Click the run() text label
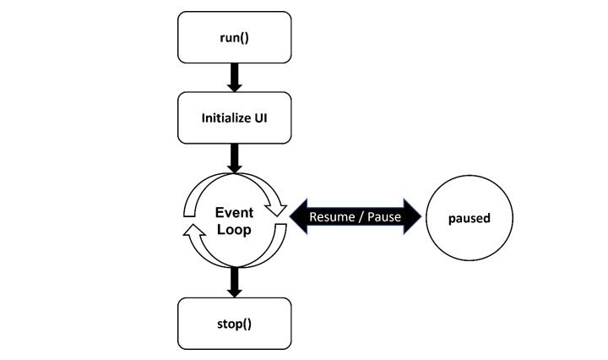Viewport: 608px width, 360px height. [234, 39]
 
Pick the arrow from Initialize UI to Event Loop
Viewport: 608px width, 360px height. [234, 158]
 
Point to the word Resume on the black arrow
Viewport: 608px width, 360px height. [332, 217]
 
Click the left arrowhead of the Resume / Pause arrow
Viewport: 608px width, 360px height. [298, 216]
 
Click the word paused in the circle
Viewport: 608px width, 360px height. [469, 218]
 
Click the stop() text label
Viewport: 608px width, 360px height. [234, 322]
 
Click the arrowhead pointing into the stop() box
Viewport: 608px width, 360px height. [234, 292]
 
